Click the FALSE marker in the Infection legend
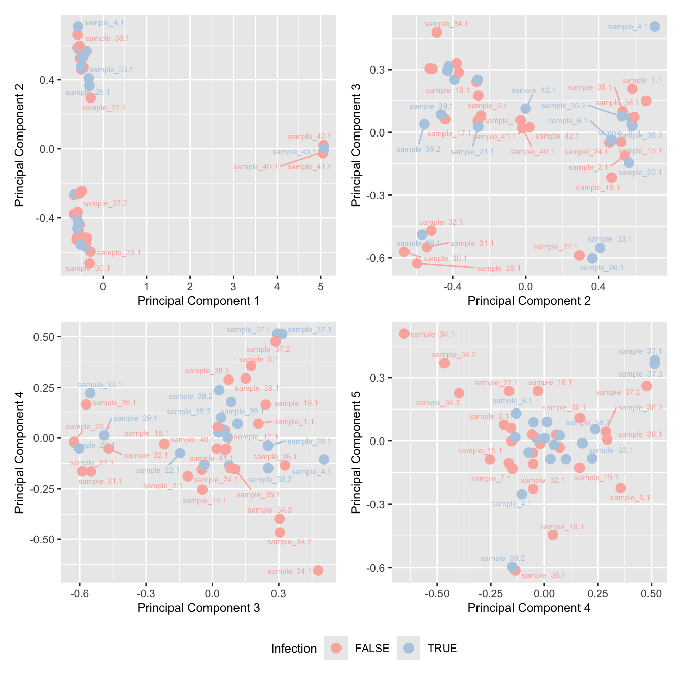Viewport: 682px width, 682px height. click(336, 648)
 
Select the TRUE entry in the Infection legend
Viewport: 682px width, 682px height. click(408, 648)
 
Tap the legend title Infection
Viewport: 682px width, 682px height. click(294, 649)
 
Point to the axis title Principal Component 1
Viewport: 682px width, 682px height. click(198, 301)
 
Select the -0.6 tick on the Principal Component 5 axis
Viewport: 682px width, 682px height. click(376, 568)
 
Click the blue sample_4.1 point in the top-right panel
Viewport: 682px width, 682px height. click(655, 27)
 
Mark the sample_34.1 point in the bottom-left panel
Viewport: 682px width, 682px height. click(318, 571)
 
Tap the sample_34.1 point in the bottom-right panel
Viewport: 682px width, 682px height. click(404, 334)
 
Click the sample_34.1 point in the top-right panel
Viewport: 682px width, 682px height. click(437, 32)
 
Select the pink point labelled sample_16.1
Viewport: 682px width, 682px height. click(553, 535)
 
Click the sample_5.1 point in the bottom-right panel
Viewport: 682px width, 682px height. click(620, 488)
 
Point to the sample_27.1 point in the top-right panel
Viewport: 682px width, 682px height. click(579, 255)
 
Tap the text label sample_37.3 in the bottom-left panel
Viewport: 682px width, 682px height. click(310, 330)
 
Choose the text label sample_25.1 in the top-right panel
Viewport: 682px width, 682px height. click(499, 268)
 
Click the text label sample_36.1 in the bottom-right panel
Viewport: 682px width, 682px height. click(543, 575)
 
